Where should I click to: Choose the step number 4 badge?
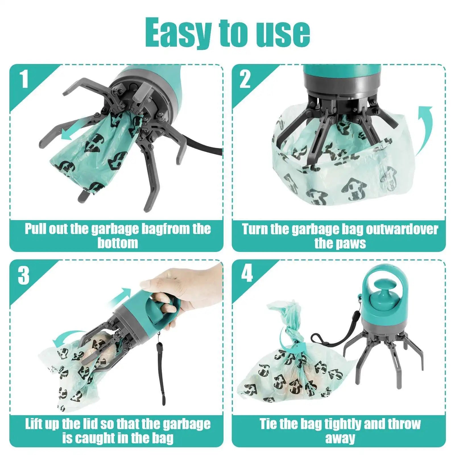(247, 274)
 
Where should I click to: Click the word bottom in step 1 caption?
(118, 243)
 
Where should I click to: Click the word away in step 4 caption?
(340, 438)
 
